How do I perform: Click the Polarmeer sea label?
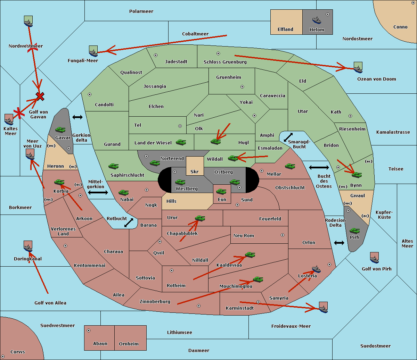coord(141,11)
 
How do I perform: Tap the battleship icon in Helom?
coord(316,20)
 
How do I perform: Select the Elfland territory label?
coord(285,30)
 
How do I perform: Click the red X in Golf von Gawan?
coord(40,96)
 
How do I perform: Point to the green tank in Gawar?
coord(60,130)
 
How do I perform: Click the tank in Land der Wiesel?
coord(181,142)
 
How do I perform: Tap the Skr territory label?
coord(194,171)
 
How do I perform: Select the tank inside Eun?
coord(221,191)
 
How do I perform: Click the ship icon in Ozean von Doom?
coord(358,67)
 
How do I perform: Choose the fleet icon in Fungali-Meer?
coord(93,51)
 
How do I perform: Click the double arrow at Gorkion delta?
coord(77,117)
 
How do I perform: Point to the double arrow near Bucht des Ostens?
coord(319,168)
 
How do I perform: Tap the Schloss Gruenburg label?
coord(225,62)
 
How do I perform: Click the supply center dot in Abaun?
coord(89,330)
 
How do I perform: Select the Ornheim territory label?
coord(129,344)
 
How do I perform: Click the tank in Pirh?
coord(354,231)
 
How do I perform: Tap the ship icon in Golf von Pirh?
coord(374,258)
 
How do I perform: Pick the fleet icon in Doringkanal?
coord(28,246)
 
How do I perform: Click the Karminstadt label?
coord(240,308)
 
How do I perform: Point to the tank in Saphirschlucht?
coord(113,167)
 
